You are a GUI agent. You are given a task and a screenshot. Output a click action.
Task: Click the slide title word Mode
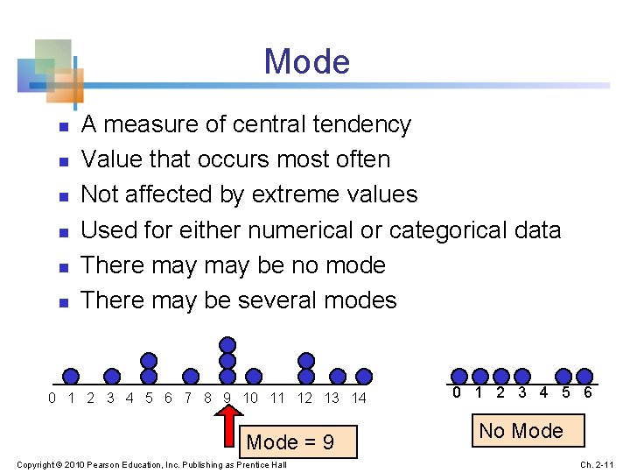click(x=306, y=62)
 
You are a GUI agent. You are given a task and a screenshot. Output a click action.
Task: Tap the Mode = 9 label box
click(x=290, y=442)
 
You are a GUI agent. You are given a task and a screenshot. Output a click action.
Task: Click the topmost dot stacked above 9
click(x=227, y=344)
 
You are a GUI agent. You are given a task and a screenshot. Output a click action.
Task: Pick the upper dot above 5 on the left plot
click(x=150, y=360)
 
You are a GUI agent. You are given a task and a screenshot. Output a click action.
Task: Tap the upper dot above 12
click(x=306, y=360)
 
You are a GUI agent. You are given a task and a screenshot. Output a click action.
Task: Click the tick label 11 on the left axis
click(x=278, y=399)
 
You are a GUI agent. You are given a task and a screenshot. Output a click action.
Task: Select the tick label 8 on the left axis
click(x=207, y=399)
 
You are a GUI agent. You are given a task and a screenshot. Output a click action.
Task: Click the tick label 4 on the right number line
click(x=542, y=392)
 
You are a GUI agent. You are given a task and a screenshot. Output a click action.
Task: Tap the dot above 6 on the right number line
click(x=584, y=376)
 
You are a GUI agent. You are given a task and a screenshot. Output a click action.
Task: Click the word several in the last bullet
click(x=276, y=300)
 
